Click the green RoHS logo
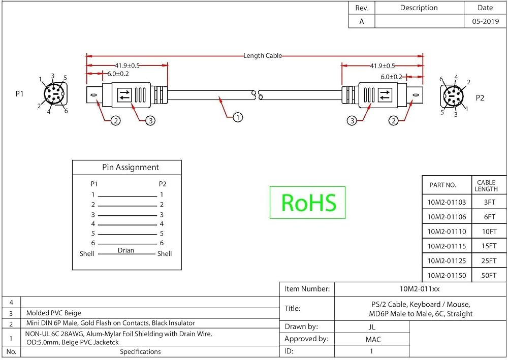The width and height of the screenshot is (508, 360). [x=307, y=202]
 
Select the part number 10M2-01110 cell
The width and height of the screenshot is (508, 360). [x=447, y=232]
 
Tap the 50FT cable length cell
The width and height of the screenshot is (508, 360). [x=489, y=276]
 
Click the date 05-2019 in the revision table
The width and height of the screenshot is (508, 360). [x=485, y=21]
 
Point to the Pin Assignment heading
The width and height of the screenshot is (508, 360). [x=131, y=168]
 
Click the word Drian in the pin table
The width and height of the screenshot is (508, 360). [x=125, y=250]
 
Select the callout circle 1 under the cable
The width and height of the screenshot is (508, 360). [x=238, y=117]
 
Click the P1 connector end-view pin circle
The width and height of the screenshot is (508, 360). [x=54, y=94]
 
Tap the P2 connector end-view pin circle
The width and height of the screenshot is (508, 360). [x=453, y=96]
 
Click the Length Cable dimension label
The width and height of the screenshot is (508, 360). [x=263, y=56]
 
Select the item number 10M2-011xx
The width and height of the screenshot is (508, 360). [x=420, y=289]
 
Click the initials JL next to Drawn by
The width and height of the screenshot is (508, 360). [x=372, y=327]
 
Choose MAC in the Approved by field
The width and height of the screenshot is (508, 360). [x=373, y=339]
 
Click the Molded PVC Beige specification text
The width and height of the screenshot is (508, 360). [x=53, y=313]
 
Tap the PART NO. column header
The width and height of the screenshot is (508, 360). [x=442, y=185]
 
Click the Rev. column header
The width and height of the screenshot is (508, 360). [x=362, y=8]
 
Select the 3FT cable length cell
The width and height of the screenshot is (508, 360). [x=490, y=202]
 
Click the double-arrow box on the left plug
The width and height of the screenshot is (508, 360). [x=124, y=95]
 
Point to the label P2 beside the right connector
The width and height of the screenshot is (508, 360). [x=480, y=98]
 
